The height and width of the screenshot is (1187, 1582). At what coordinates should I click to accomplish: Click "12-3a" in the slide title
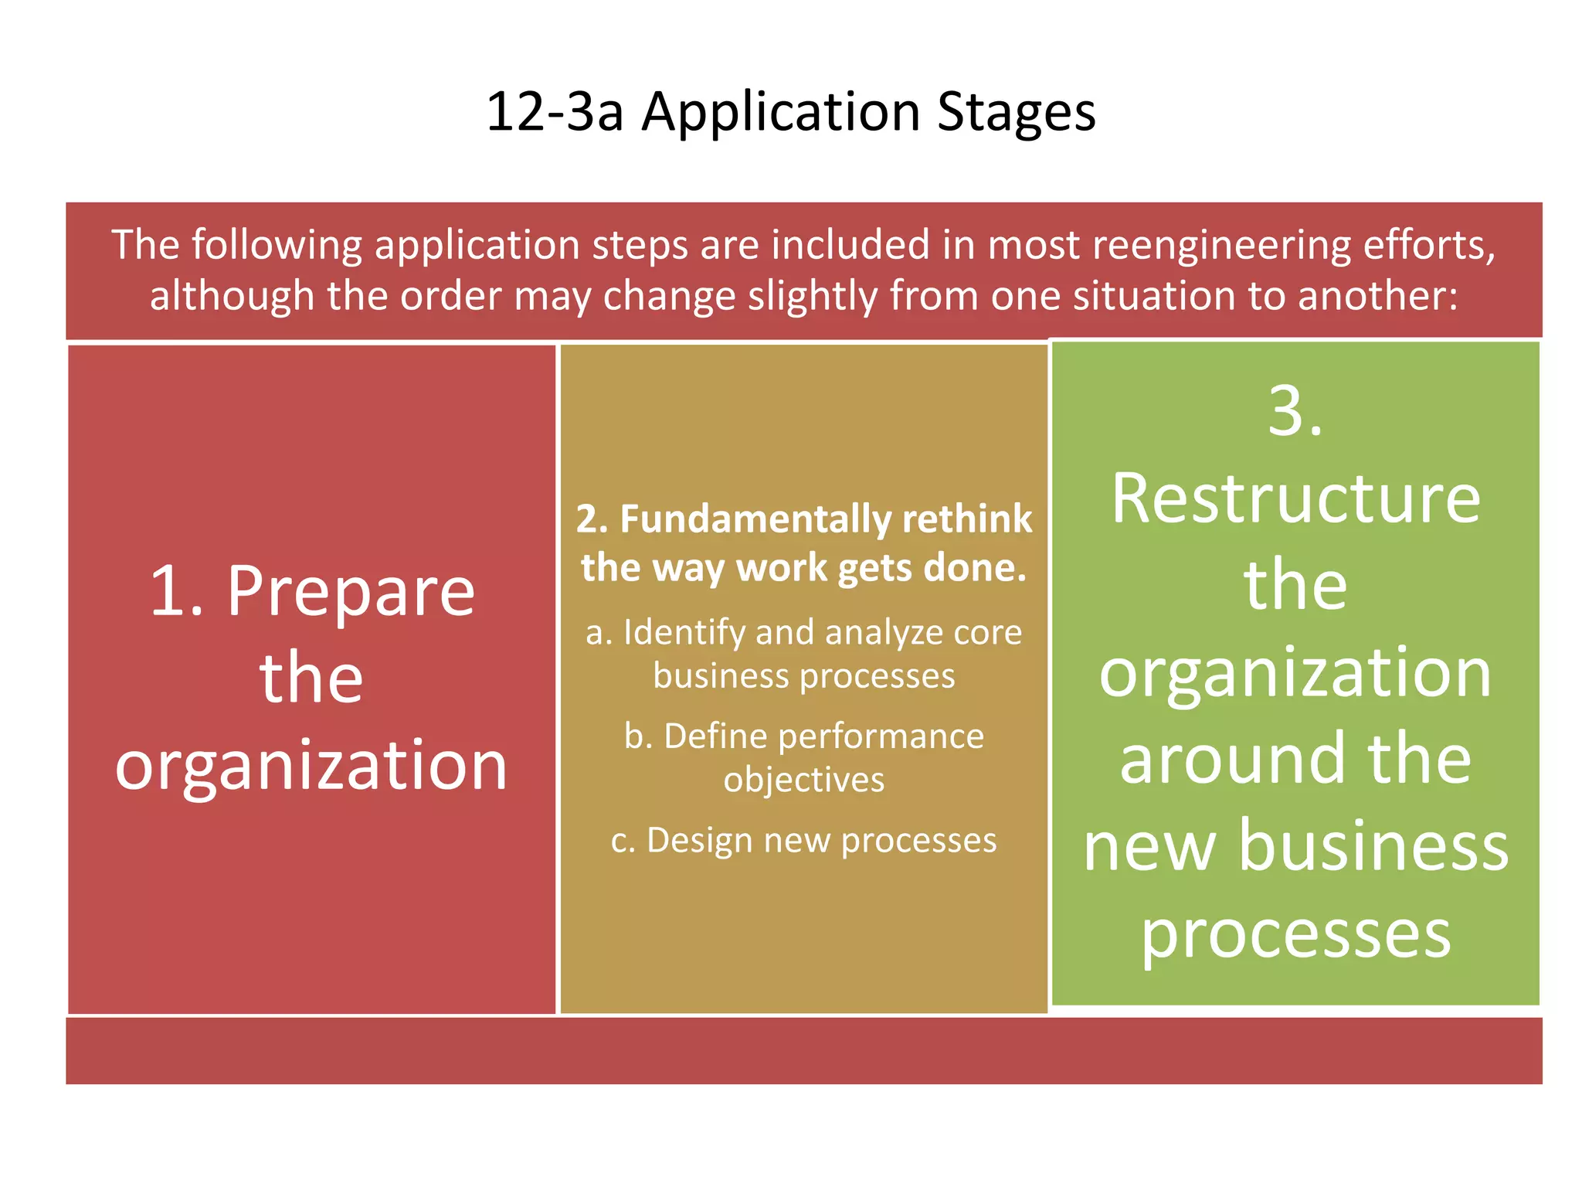[554, 112]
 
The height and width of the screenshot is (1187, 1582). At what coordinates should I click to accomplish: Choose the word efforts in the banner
[1429, 246]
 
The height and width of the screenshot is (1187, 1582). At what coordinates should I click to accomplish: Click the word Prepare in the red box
[351, 593]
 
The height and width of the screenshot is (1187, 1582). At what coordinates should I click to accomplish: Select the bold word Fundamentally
[753, 519]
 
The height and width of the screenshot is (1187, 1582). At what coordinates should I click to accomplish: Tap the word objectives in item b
[803, 781]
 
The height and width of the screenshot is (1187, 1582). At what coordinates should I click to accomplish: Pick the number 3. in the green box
[1295, 412]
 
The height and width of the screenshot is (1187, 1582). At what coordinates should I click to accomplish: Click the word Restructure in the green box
[1295, 499]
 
